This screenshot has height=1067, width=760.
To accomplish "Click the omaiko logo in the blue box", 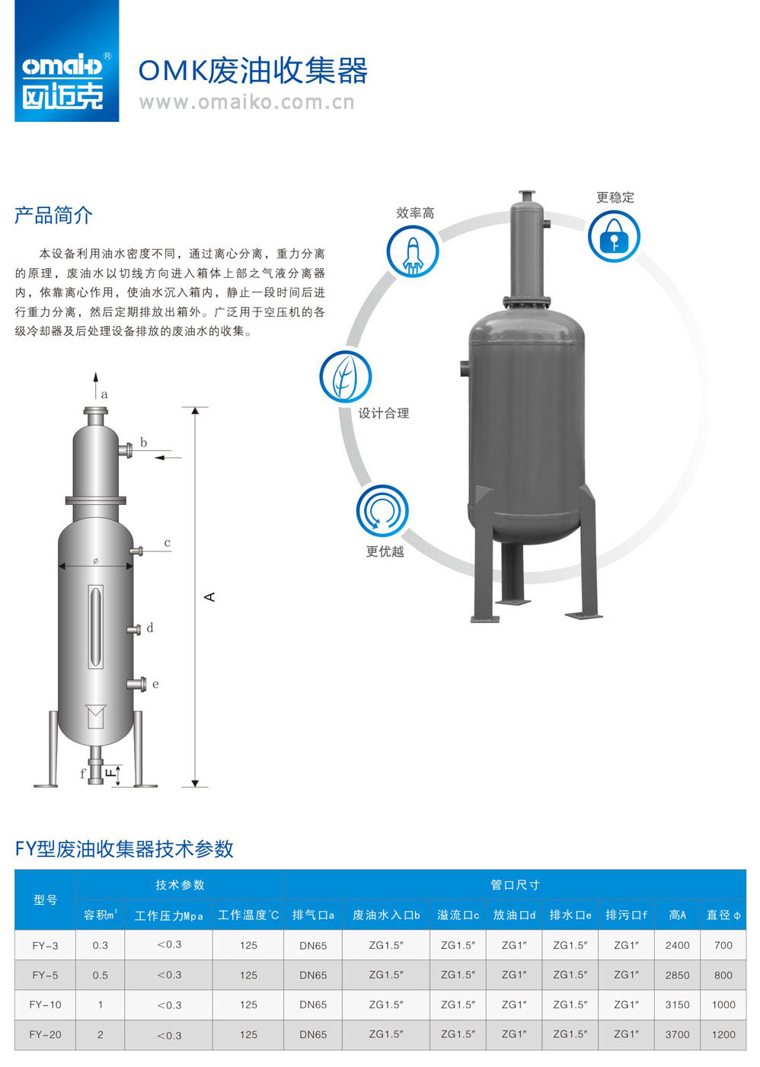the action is point(67,61).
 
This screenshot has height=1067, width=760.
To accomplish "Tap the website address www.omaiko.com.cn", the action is point(247,102).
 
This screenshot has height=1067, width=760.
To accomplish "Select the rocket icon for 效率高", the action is point(413,251).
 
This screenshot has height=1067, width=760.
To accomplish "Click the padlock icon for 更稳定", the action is point(614,236).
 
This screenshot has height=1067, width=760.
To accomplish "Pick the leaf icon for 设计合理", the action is point(345,376).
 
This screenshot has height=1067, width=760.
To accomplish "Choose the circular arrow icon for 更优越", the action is point(382,510).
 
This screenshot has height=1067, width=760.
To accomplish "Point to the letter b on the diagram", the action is point(143,442).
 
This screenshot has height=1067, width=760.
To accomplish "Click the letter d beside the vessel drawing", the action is point(150,628).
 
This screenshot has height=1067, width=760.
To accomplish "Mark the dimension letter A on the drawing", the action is point(209,597).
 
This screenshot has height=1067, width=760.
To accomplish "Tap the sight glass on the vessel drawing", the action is point(96,626).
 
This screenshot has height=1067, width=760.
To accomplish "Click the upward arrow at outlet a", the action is point(96,385).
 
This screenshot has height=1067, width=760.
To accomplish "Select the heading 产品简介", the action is point(53,216).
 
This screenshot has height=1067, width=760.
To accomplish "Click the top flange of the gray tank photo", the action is point(527,194).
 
